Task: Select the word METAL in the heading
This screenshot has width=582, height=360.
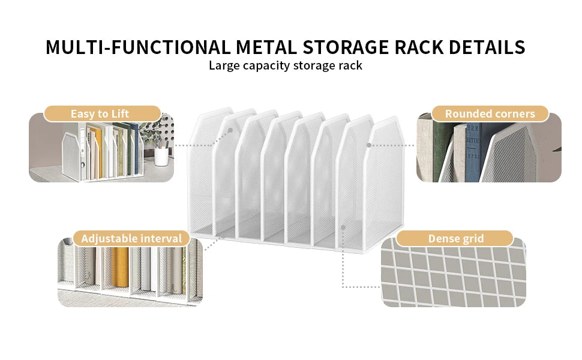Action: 266,47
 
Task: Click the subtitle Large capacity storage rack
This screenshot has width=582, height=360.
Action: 285,65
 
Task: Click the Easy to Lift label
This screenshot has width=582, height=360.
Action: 100,113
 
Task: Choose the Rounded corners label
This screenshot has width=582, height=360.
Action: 490,113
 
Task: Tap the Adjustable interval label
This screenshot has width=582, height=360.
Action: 131,238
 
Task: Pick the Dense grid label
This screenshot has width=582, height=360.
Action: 456,238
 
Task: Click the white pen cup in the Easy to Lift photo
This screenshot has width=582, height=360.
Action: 161,157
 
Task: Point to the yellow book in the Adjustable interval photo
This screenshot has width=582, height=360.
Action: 120,266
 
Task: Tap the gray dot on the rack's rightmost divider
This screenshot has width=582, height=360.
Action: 369,145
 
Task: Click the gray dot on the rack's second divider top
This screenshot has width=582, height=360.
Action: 230,130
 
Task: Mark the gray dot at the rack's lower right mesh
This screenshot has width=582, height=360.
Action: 343,227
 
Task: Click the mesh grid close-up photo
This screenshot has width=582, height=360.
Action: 454,273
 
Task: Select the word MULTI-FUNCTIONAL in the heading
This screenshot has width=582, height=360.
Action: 138,47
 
